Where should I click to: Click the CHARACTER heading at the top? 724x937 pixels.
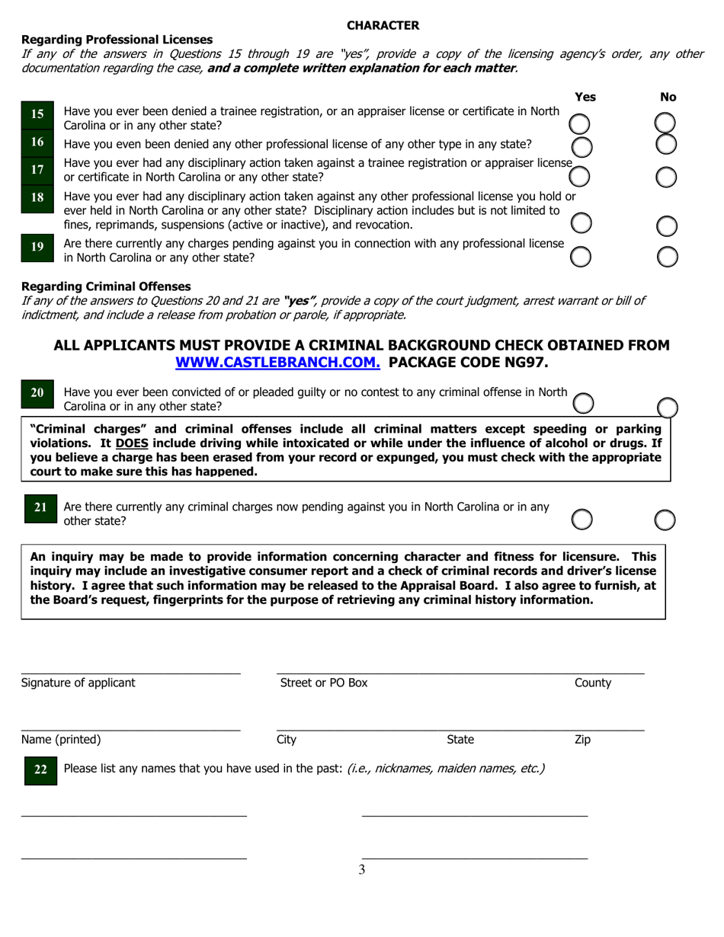tap(383, 25)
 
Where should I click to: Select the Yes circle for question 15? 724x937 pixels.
tap(580, 124)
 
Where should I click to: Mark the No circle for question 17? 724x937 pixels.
tap(666, 177)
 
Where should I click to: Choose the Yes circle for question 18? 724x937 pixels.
tap(581, 222)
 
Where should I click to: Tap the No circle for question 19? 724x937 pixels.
tap(668, 257)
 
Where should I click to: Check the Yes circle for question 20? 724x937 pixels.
tap(583, 403)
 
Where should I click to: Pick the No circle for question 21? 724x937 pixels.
tap(665, 520)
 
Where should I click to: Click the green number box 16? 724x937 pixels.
tap(37, 142)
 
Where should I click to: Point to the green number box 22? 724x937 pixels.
tap(40, 770)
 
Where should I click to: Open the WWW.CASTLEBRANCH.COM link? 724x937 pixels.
tap(277, 363)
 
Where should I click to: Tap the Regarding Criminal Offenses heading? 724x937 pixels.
tap(106, 286)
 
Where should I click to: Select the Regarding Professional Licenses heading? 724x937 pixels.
tap(117, 40)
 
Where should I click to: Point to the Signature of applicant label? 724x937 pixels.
tap(78, 683)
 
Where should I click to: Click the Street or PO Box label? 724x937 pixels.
tap(324, 683)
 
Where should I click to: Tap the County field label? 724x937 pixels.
tap(593, 683)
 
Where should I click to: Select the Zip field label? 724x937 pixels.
tap(582, 739)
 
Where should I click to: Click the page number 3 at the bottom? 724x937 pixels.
tap(362, 870)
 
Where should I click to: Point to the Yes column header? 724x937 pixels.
tap(585, 97)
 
